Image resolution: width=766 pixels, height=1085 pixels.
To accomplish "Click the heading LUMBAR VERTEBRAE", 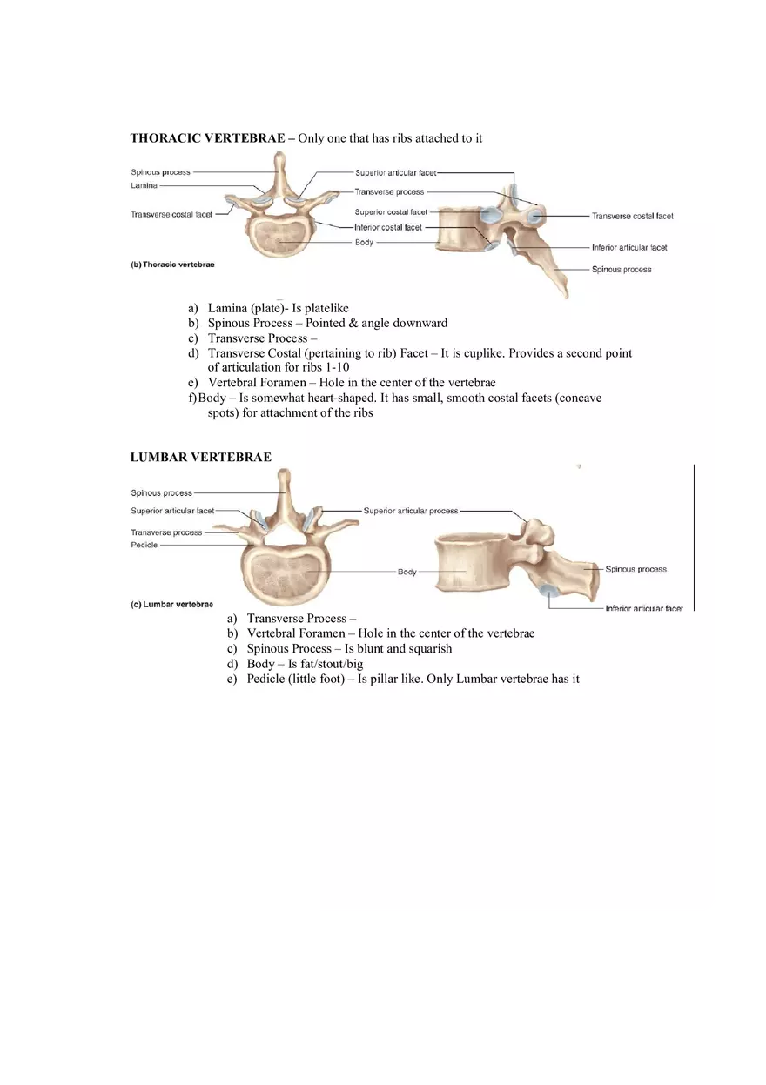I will (200, 457).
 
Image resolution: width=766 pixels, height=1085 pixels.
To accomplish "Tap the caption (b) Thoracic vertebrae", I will (172, 265).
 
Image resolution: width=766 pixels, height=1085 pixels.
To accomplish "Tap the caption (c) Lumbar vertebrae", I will (171, 604).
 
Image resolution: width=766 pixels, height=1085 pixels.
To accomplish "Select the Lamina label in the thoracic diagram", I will (144, 185).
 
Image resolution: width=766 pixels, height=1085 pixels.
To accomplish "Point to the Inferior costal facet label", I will (387, 227).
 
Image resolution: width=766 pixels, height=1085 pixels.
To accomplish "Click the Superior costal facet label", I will (391, 211).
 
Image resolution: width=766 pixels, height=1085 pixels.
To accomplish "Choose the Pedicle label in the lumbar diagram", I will (144, 545).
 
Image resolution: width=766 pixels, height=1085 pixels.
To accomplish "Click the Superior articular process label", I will (410, 511).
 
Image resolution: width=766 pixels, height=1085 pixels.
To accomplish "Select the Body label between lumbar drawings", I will (407, 572).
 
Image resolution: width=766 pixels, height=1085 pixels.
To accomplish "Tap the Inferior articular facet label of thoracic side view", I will (628, 248).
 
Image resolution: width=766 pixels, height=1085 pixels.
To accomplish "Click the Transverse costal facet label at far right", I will (632, 216).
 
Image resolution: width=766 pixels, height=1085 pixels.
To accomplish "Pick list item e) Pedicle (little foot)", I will (295, 679).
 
